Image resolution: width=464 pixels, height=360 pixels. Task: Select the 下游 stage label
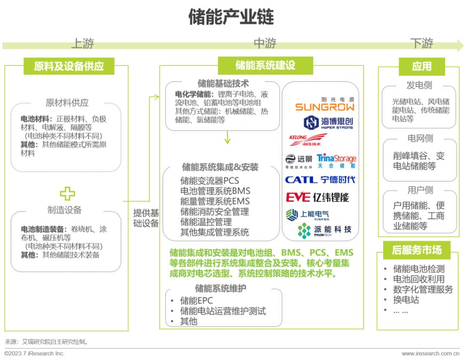(x=421, y=43)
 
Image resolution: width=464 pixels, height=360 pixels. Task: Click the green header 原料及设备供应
(x=69, y=66)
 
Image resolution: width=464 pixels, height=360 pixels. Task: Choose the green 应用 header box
(x=421, y=66)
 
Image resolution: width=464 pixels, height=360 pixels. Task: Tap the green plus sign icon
(x=67, y=193)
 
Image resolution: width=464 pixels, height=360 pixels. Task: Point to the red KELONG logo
(x=308, y=140)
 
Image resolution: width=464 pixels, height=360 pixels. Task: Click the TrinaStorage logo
(x=336, y=161)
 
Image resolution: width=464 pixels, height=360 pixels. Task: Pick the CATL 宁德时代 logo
(x=320, y=180)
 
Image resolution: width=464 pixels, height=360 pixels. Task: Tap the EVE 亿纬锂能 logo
(x=317, y=197)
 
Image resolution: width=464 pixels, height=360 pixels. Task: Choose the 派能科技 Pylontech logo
(x=324, y=230)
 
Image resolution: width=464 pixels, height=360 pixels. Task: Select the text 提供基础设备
(x=146, y=218)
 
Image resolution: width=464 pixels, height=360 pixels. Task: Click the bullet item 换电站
(x=406, y=300)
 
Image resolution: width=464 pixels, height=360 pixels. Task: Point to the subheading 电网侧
(x=420, y=138)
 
